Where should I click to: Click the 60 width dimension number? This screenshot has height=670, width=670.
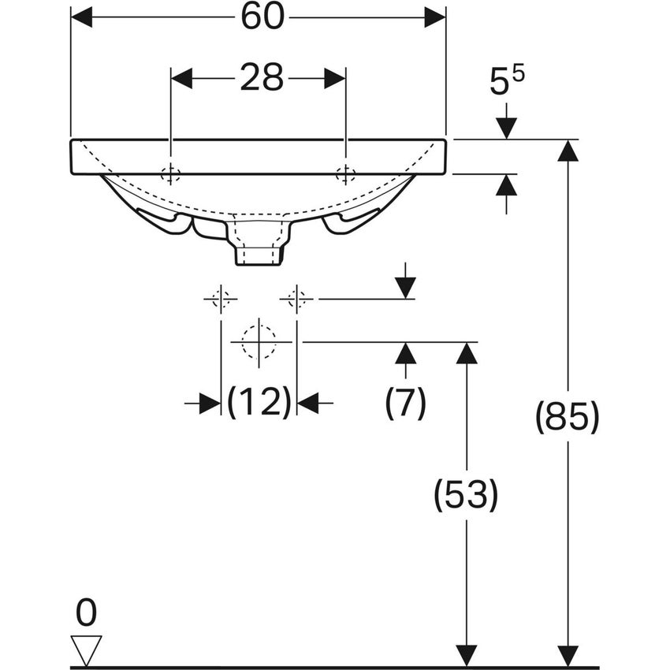pyautogui.click(x=262, y=17)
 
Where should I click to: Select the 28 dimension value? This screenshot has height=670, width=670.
pyautogui.click(x=262, y=78)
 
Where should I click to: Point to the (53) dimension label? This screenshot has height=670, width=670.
pyautogui.click(x=467, y=496)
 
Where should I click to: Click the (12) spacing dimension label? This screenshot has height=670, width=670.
pyautogui.click(x=259, y=404)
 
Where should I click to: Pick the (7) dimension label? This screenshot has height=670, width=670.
pyautogui.click(x=405, y=404)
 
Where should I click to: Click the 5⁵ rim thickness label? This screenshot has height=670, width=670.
pyautogui.click(x=507, y=82)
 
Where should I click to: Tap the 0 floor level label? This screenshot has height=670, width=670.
pyautogui.click(x=86, y=612)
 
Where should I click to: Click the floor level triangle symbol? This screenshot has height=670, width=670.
pyautogui.click(x=86, y=649)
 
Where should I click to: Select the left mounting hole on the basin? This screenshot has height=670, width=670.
pyautogui.click(x=170, y=175)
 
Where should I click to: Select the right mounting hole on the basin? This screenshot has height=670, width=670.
pyautogui.click(x=345, y=175)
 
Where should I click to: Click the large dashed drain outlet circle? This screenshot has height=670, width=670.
pyautogui.click(x=259, y=342)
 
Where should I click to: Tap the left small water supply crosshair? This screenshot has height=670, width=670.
pyautogui.click(x=221, y=299)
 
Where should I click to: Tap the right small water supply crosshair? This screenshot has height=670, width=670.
pyautogui.click(x=296, y=299)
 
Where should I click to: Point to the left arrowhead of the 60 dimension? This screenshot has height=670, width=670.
pyautogui.click(x=82, y=17)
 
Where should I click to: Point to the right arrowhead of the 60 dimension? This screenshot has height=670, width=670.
pyautogui.click(x=435, y=17)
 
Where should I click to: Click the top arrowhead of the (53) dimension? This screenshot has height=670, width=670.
pyautogui.click(x=467, y=353)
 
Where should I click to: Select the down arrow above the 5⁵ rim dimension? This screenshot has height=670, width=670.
pyautogui.click(x=506, y=127)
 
